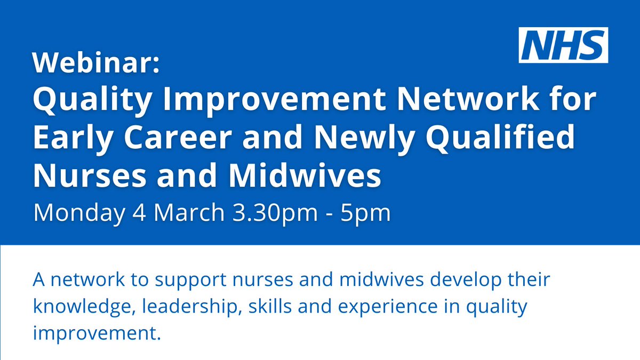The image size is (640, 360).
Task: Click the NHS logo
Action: (x=563, y=45)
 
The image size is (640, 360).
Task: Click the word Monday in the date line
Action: (x=77, y=213)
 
